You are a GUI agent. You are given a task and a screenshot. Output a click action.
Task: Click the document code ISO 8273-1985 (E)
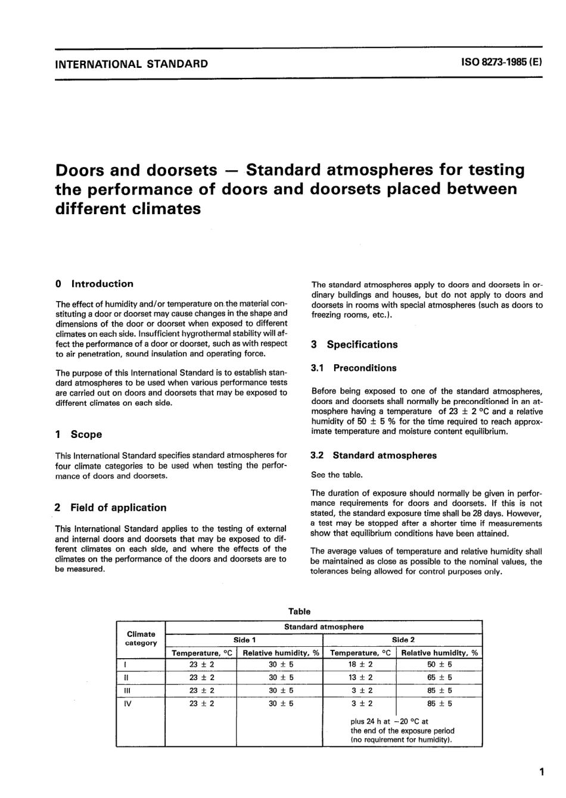coord(501,64)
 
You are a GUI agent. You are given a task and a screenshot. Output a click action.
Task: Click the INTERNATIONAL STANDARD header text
coord(132,64)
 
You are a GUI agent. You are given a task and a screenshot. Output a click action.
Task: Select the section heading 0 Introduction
coord(94,284)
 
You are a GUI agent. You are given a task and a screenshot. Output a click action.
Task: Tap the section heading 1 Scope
coord(78,434)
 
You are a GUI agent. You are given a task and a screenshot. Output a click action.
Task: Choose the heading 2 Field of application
coord(110,508)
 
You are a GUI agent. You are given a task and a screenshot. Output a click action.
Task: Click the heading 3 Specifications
coord(354,345)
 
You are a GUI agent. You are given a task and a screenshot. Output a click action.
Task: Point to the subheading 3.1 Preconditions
coord(353,368)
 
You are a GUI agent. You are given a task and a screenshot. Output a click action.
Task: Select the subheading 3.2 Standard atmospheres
coord(374,456)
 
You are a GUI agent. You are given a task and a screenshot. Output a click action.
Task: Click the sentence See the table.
coord(337,475)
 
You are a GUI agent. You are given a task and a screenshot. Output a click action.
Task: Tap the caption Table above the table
coord(299,611)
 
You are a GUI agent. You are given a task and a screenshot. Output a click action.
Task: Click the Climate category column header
coord(141,639)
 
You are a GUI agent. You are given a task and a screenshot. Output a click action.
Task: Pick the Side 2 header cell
coord(403,640)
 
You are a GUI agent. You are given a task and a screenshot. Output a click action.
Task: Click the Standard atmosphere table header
coord(324,627)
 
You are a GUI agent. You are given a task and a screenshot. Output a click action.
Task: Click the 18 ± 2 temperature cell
coord(360,664)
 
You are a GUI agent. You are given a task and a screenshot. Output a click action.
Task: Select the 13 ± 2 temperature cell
coord(360,677)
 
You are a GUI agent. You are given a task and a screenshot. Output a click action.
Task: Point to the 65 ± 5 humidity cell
coord(440,677)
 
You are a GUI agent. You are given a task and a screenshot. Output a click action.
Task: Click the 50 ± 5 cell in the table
coord(440,664)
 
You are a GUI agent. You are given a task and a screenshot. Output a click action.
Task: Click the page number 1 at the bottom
coord(541,772)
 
